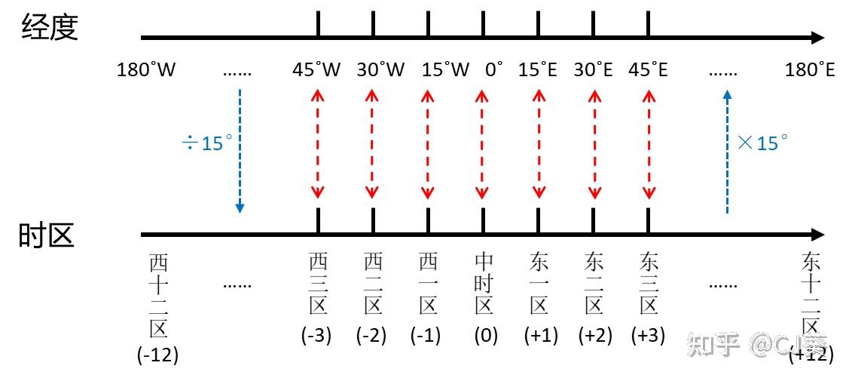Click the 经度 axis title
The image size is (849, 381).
pos(50,27)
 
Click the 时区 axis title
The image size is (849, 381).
pos(47,235)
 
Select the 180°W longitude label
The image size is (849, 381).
pos(147,70)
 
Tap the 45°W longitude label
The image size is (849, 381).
pos(316,70)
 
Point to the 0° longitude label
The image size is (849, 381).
pos(494,70)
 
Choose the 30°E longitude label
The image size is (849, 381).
pos(594,70)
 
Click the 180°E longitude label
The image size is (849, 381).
pos(810,70)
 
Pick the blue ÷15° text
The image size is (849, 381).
pos(207,143)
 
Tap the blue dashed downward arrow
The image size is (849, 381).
pos(240,151)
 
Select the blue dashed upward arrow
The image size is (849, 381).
pos(727,151)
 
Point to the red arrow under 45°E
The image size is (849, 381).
pos(648,144)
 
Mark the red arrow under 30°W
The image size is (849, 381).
pos(371,144)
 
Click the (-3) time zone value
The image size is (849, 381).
pos(316,336)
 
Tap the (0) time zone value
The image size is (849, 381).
pos(486,336)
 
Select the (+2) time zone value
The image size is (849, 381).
pos(595,336)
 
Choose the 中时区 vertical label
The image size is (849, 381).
pos(484,284)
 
